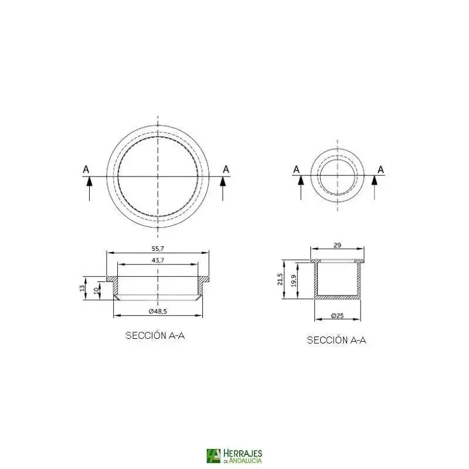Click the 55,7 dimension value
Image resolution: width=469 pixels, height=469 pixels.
158,249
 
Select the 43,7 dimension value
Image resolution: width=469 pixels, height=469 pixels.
158,260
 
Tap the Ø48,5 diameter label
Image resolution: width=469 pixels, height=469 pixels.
158,311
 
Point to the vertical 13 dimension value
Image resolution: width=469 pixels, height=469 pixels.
82,288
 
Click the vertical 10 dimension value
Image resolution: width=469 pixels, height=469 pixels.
97,290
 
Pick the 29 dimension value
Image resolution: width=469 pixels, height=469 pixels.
337,245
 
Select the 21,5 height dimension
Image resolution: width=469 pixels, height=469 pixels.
280,279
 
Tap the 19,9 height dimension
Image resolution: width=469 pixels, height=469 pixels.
294,281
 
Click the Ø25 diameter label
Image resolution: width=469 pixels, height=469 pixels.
338,315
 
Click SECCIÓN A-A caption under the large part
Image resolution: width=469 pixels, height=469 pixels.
155,335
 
